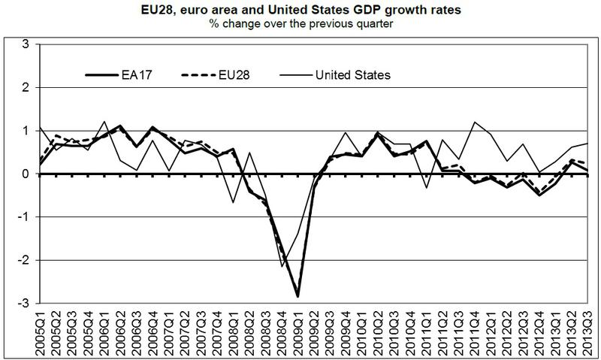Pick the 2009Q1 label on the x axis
pyautogui.click(x=297, y=331)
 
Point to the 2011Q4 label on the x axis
pyautogui.click(x=476, y=331)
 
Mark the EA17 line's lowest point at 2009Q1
pyautogui.click(x=297, y=296)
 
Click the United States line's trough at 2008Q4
pyautogui.click(x=282, y=266)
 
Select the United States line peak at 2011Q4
pyautogui.click(x=476, y=122)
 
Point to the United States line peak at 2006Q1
pyautogui.click(x=104, y=121)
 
